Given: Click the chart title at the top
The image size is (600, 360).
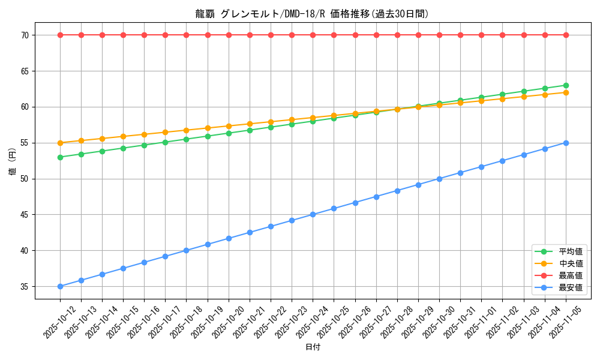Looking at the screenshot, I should (x=313, y=14).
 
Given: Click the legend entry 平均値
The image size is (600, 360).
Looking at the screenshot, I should (x=571, y=251).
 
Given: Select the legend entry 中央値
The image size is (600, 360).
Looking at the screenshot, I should (x=571, y=263).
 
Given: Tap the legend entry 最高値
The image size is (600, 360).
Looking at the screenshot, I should (x=571, y=275).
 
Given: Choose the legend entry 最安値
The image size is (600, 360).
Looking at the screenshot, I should (x=571, y=287).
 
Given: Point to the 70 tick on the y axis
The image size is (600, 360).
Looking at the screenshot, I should (x=25, y=35).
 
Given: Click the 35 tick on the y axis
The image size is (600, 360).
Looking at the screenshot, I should (x=25, y=287).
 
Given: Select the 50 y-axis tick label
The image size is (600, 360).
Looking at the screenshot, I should (x=25, y=179).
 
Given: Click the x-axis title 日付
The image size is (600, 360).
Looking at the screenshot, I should (x=313, y=347).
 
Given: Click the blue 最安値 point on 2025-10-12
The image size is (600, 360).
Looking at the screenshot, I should (x=60, y=286).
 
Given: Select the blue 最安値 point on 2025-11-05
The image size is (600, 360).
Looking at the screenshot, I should (x=566, y=143).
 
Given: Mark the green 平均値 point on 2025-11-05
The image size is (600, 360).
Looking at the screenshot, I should (x=566, y=85).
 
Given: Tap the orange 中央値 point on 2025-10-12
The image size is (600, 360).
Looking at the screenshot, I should (x=60, y=143).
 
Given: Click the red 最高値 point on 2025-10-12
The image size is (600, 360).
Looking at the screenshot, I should (x=60, y=35).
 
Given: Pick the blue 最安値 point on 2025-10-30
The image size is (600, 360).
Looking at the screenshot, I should (x=439, y=179).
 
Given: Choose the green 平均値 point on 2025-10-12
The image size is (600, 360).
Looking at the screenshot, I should (x=60, y=157).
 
